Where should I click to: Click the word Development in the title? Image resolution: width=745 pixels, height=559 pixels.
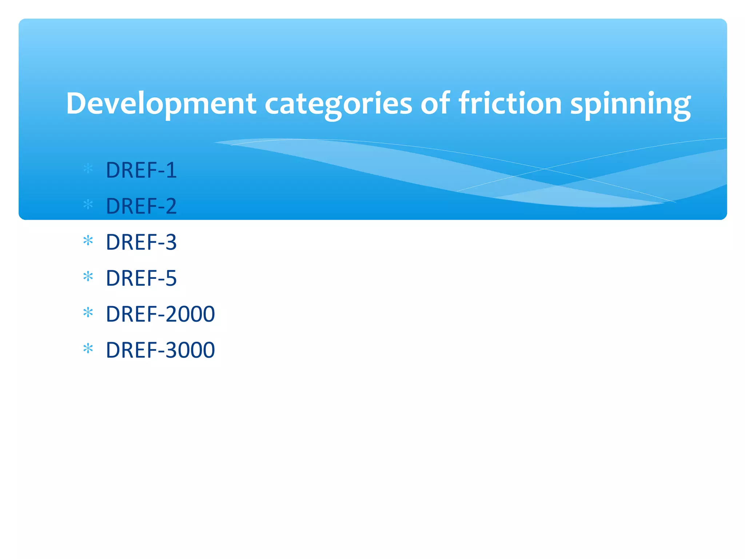coord(161,104)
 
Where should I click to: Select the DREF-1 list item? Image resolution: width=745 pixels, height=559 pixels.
coord(141,170)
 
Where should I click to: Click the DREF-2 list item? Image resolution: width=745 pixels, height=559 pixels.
coord(141,206)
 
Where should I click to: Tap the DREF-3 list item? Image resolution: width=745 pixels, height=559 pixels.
coord(141,242)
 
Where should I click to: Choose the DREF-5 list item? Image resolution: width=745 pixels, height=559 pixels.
coord(141,278)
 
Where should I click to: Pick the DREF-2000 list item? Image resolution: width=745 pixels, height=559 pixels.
coord(160,314)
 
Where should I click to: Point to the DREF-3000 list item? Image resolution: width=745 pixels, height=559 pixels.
coord(160,350)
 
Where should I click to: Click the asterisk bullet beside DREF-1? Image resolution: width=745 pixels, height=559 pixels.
coord(88,169)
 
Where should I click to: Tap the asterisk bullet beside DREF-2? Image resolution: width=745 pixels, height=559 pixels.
coord(88,205)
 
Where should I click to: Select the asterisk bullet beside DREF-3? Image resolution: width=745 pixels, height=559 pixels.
coord(88,241)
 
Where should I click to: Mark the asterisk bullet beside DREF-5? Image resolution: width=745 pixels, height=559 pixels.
coord(88,277)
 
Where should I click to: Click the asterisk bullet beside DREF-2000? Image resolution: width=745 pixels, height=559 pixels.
coord(88,312)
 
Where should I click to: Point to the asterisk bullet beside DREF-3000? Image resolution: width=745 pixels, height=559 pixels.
coord(88,348)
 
